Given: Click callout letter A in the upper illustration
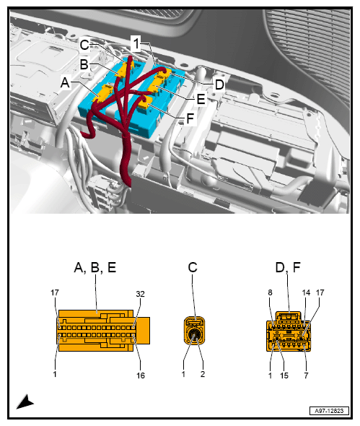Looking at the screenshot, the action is (65, 82).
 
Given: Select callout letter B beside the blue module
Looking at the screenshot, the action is (84, 64).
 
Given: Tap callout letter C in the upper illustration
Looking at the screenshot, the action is (84, 45).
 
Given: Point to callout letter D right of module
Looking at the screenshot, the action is (219, 84).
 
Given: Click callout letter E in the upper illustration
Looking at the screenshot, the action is (201, 99).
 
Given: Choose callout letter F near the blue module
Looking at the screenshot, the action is (190, 118).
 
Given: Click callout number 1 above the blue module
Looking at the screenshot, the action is (136, 43).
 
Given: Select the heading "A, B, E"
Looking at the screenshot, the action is (95, 267).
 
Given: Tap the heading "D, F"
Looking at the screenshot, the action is (288, 267).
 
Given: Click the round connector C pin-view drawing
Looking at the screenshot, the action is (194, 330).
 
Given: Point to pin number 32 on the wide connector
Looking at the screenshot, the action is (140, 294).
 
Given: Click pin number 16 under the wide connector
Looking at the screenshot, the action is (141, 375).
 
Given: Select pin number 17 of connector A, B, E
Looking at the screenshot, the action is (55, 292).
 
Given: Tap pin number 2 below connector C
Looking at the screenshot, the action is (203, 374).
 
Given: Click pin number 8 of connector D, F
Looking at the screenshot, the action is (270, 292).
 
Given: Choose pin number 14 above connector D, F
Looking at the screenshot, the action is (306, 292).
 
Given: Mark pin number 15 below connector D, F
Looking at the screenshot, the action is (284, 375).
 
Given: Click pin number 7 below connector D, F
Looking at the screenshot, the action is (306, 375).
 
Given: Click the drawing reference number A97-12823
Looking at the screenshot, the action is (329, 411).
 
